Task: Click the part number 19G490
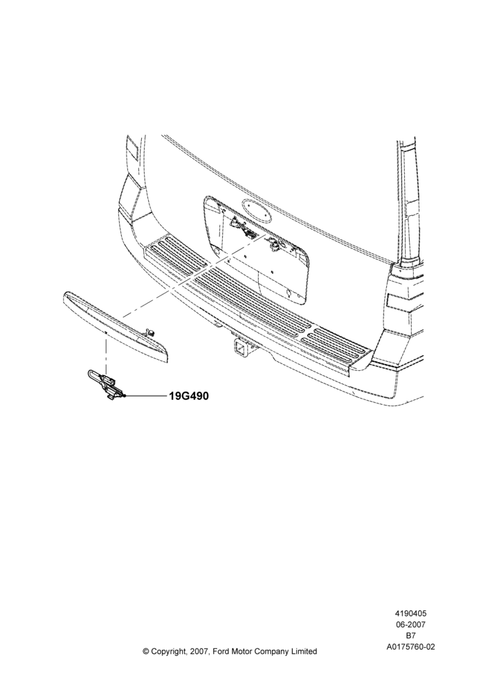click(x=188, y=396)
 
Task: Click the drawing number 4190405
click(x=410, y=613)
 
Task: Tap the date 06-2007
click(x=410, y=624)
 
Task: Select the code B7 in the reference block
click(x=410, y=636)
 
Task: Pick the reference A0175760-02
click(x=410, y=647)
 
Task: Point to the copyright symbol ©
click(x=146, y=651)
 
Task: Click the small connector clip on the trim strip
click(x=150, y=332)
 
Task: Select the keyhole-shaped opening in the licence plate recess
click(x=287, y=292)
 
